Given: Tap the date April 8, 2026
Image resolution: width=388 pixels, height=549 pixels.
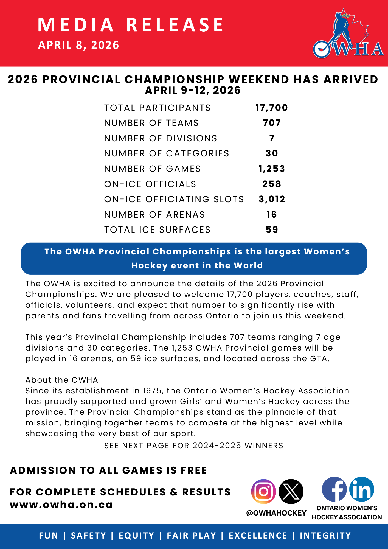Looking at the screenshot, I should pyautogui.click(x=78, y=45).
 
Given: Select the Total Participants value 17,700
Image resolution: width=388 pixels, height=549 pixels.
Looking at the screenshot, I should pyautogui.click(x=272, y=108).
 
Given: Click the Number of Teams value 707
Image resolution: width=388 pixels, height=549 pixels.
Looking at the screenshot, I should pyautogui.click(x=272, y=123).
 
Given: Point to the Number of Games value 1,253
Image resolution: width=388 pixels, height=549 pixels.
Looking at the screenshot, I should pyautogui.click(x=272, y=169).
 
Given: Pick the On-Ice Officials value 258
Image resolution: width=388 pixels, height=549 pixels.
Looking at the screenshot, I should pyautogui.click(x=272, y=184).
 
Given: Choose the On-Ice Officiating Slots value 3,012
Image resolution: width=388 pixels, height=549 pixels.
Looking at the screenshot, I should pyautogui.click(x=272, y=199).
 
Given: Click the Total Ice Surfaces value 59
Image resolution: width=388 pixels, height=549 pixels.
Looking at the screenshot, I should pyautogui.click(x=272, y=230).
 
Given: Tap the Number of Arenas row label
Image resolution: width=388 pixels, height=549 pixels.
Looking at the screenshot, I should pyautogui.click(x=154, y=215).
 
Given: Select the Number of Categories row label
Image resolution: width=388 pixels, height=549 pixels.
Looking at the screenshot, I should pyautogui.click(x=167, y=153).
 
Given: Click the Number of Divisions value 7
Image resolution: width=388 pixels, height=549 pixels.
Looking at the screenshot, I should pyautogui.click(x=272, y=138).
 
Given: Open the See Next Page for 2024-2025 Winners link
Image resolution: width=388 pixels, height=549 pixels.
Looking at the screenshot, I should pyautogui.click(x=194, y=446).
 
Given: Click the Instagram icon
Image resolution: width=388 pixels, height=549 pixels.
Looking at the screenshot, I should pyautogui.click(x=263, y=491).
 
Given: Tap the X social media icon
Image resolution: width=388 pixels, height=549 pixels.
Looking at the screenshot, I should pyautogui.click(x=291, y=491).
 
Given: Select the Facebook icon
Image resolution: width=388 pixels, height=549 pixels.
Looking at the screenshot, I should pyautogui.click(x=334, y=489).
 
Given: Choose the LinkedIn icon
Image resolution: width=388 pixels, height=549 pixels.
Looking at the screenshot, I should pyautogui.click(x=362, y=489).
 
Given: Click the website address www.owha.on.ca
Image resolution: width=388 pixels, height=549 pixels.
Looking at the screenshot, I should pyautogui.click(x=61, y=505).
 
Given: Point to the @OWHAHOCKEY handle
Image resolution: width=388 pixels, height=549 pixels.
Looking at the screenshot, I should pyautogui.click(x=276, y=513).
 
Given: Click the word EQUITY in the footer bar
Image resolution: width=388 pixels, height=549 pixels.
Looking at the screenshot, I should pyautogui.click(x=136, y=536).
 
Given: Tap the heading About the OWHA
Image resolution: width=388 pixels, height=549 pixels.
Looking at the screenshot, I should pyautogui.click(x=62, y=380).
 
